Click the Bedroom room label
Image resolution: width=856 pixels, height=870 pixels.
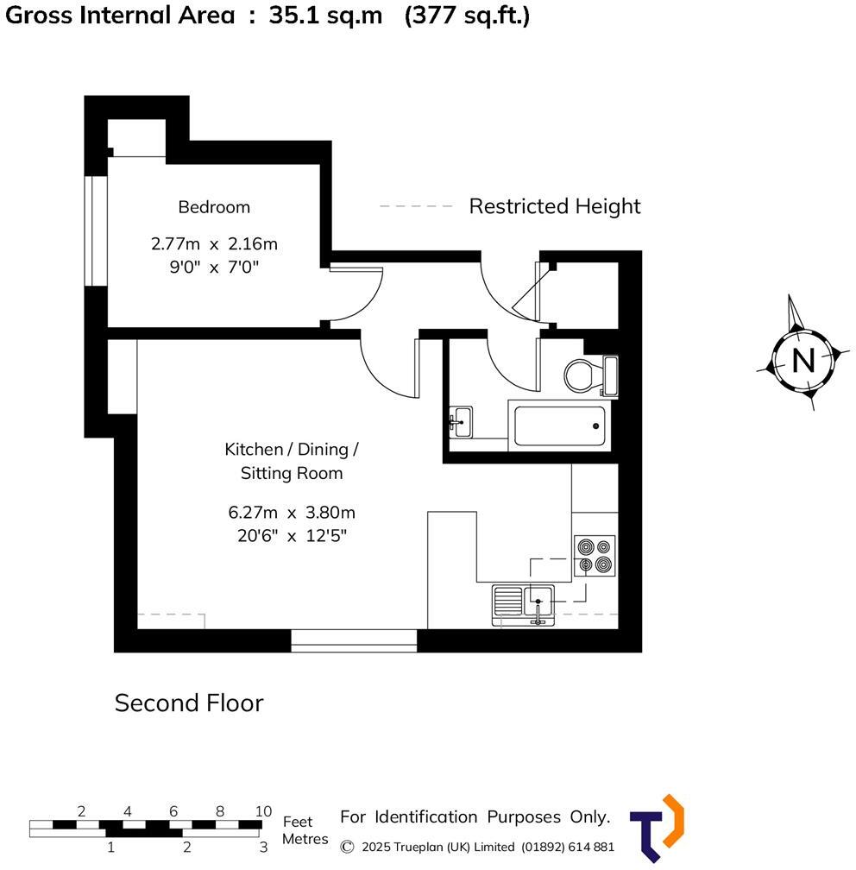(214, 207)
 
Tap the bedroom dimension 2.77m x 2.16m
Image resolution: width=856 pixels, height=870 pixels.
(214, 244)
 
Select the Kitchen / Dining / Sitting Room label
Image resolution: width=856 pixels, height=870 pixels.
(291, 461)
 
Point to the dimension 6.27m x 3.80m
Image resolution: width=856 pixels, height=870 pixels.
(292, 513)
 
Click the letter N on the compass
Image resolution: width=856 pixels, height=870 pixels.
(802, 360)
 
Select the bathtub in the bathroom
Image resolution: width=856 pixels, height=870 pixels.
(559, 425)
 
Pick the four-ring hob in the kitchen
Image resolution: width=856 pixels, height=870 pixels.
(595, 556)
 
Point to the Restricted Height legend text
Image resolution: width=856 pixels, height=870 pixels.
(555, 206)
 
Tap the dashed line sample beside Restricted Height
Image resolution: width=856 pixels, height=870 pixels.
(416, 206)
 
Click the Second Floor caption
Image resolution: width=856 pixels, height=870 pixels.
(189, 703)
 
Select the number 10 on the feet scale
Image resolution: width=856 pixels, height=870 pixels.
(263, 810)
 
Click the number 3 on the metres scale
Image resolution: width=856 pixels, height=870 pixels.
(263, 847)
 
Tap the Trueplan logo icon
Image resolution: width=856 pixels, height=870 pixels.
(658, 826)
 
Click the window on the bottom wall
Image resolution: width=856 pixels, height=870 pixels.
(354, 640)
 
